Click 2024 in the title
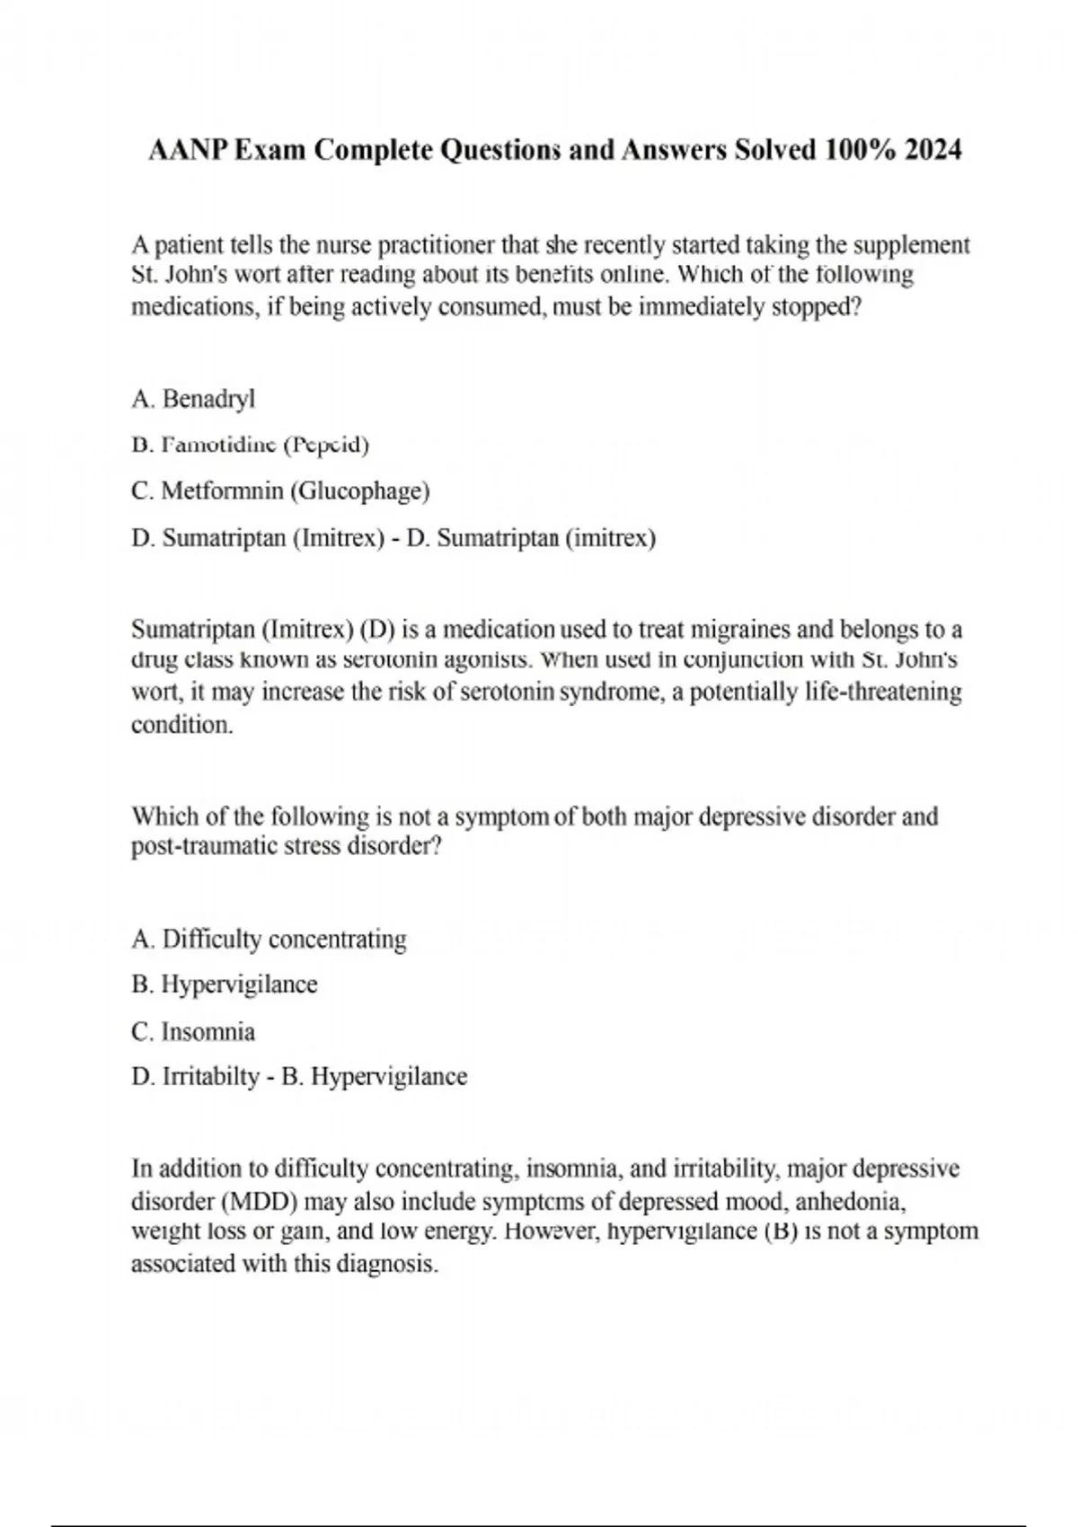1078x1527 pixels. [x=933, y=150]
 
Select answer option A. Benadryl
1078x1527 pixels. [x=193, y=398]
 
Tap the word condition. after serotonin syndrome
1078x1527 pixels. [x=182, y=725]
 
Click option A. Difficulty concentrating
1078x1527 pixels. [x=269, y=940]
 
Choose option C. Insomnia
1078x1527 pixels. [x=193, y=1031]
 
